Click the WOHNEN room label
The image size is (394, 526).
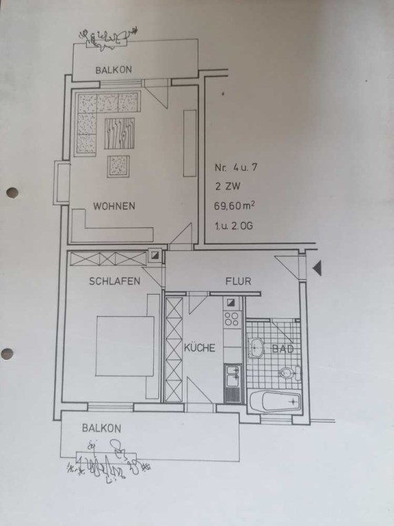(x=114, y=206)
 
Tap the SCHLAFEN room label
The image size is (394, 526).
(x=114, y=281)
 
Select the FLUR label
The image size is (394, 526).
(x=238, y=281)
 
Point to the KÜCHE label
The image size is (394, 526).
(x=200, y=347)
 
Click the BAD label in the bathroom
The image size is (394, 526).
(x=283, y=349)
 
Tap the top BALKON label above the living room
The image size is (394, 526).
(x=114, y=70)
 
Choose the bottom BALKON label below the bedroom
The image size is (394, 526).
(x=101, y=429)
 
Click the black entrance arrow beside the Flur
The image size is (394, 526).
(x=317, y=268)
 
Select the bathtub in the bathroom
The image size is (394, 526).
(x=275, y=401)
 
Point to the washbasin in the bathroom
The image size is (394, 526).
(x=256, y=348)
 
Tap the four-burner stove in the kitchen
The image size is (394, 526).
(x=232, y=319)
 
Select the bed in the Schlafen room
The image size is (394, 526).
(x=125, y=346)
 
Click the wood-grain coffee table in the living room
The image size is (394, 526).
(x=119, y=133)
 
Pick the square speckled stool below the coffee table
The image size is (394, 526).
(x=118, y=166)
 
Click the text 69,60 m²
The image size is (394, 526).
(x=234, y=205)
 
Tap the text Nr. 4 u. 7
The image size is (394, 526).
(x=236, y=167)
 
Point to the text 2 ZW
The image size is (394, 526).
(x=228, y=186)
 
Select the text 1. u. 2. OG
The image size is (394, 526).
(x=234, y=225)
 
